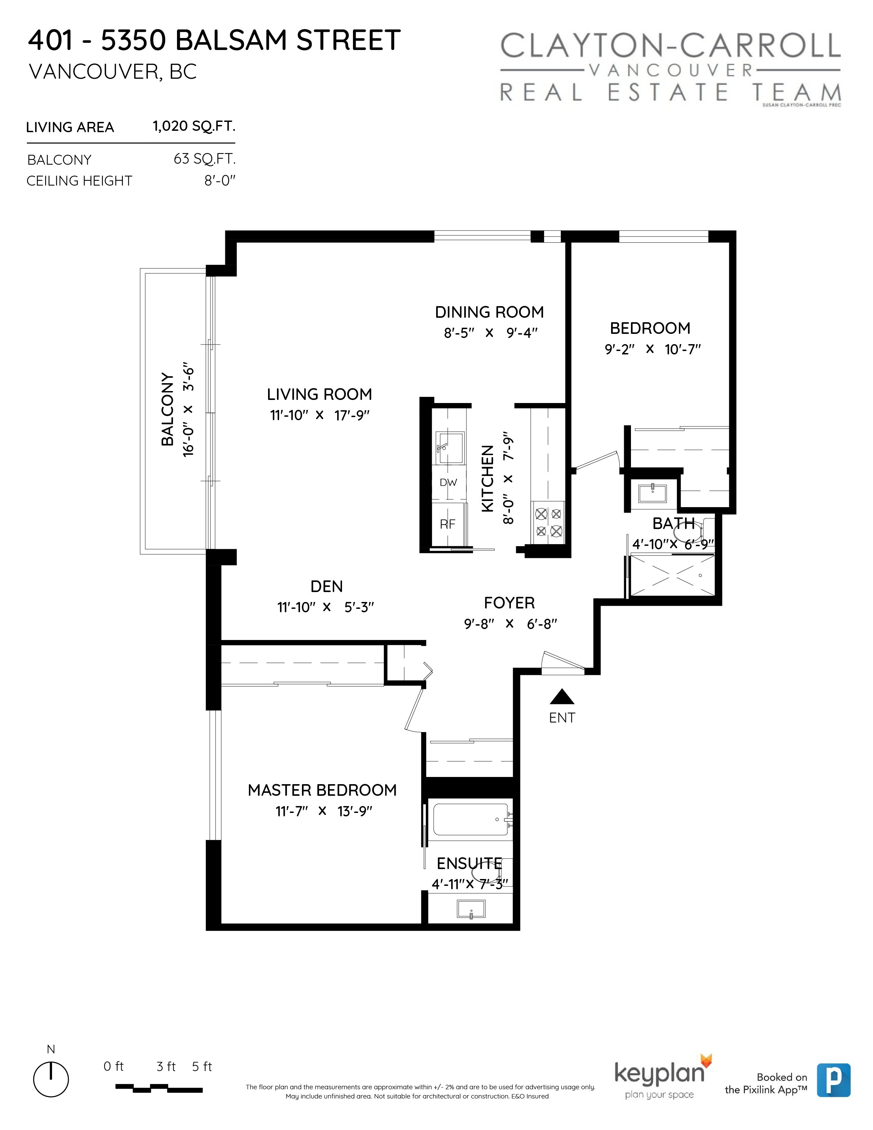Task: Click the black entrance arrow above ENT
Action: (x=562, y=698)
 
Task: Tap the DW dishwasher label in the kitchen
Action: (x=448, y=483)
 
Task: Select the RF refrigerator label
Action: (x=447, y=524)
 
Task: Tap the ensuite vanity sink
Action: (x=471, y=909)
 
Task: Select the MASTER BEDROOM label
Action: (x=322, y=790)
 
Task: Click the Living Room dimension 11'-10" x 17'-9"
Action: (x=320, y=415)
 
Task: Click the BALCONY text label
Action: (x=167, y=409)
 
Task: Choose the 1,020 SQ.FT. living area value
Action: (x=194, y=126)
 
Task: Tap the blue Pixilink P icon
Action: (x=834, y=1080)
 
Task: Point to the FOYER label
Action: (x=509, y=603)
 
